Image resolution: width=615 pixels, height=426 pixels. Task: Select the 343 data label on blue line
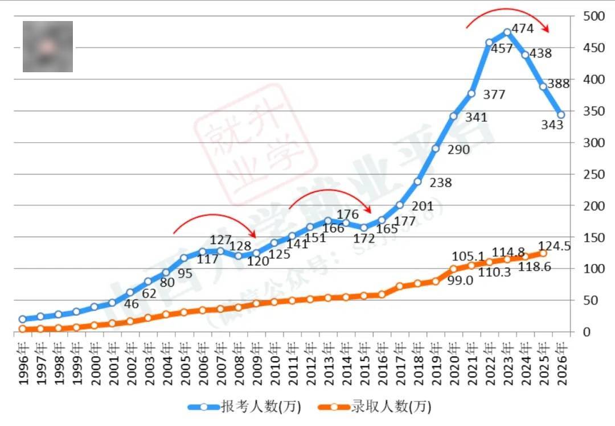click(x=552, y=124)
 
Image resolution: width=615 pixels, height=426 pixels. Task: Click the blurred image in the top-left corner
click(x=48, y=47)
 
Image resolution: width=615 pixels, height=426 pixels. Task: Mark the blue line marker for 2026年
click(x=561, y=115)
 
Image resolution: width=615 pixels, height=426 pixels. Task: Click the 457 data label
click(x=502, y=49)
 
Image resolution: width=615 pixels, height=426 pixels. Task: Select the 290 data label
click(x=458, y=150)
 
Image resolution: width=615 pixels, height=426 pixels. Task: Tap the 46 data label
click(x=132, y=304)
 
